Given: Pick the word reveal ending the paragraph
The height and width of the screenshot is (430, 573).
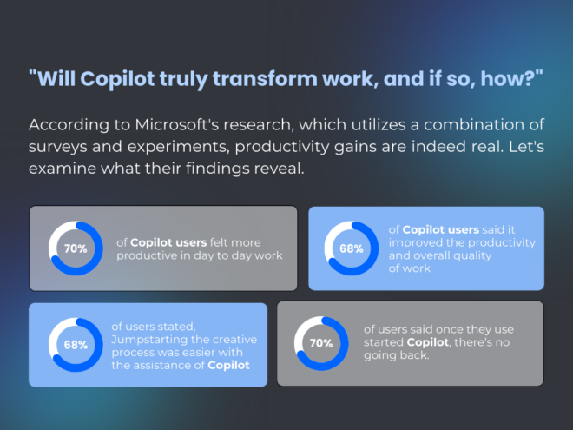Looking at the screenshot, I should pyautogui.click(x=279, y=169).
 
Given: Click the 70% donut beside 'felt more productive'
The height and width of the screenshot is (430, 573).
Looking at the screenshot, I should pyautogui.click(x=76, y=248).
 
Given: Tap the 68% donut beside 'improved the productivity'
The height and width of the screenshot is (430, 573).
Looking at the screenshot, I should pyautogui.click(x=351, y=248).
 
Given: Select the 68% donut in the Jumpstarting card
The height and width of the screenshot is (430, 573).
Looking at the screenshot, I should pyautogui.click(x=76, y=345).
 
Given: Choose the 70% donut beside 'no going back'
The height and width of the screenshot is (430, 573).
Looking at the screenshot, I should pyautogui.click(x=321, y=343).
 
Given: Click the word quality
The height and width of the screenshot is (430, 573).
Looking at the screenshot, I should pyautogui.click(x=472, y=255).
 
